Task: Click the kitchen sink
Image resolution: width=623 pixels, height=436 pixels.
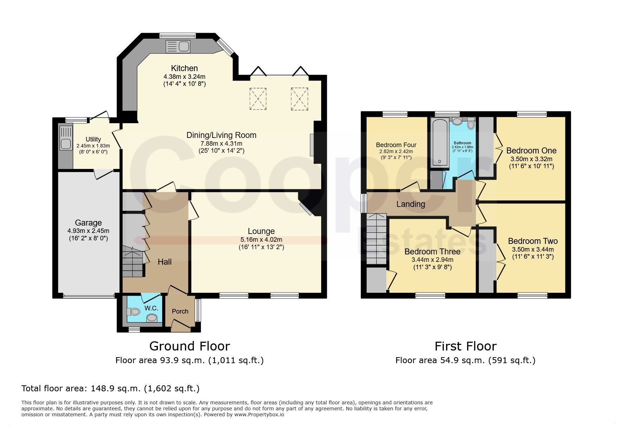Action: click(x=178, y=46)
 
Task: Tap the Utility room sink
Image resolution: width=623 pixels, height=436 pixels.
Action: click(x=66, y=138)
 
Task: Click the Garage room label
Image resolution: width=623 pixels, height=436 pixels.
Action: click(x=88, y=223)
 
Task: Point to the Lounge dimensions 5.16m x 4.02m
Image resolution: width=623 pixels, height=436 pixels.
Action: click(x=261, y=240)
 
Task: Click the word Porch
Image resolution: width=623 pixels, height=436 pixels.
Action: click(x=180, y=311)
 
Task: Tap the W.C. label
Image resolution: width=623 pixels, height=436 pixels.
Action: click(x=151, y=308)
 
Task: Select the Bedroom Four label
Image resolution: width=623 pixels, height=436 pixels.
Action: click(x=396, y=145)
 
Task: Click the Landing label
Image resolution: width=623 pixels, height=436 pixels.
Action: click(x=411, y=204)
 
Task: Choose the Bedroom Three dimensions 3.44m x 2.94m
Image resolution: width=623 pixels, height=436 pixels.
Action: click(x=432, y=260)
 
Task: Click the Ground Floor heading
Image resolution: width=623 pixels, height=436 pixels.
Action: click(x=190, y=346)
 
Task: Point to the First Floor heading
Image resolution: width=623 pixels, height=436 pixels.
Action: click(x=465, y=346)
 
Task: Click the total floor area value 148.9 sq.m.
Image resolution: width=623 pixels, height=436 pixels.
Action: click(x=116, y=388)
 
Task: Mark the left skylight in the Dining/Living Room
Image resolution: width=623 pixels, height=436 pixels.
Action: click(x=258, y=99)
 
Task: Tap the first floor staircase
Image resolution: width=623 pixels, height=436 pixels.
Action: click(x=376, y=239)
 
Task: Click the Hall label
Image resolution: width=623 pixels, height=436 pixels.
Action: click(x=165, y=262)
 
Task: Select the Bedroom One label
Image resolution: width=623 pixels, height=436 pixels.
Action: click(x=531, y=151)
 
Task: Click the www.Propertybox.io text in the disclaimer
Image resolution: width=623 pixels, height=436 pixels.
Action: click(x=259, y=415)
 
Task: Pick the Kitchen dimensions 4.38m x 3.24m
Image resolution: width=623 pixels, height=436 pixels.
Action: click(x=184, y=76)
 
